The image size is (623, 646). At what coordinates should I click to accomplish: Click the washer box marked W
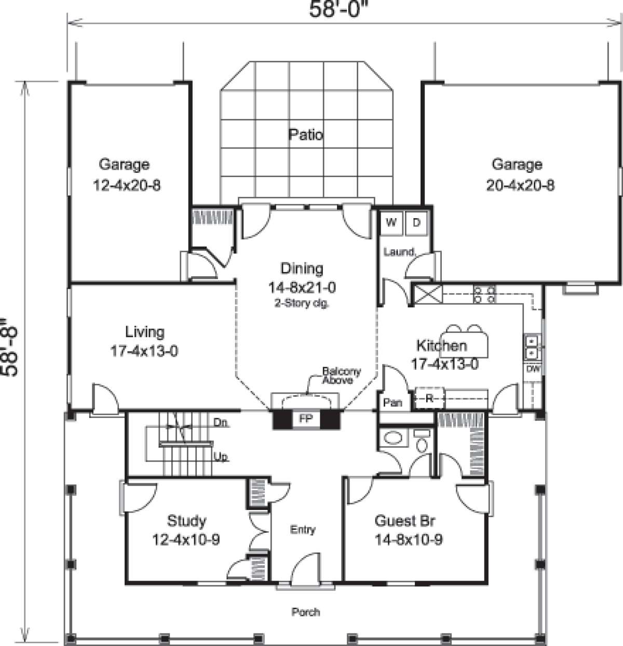(391, 223)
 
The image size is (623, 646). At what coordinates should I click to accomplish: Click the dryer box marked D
(416, 223)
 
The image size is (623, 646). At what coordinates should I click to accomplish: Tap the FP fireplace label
(306, 418)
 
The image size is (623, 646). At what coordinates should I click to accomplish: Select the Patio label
(305, 135)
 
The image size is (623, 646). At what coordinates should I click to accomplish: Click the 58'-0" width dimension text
(334, 9)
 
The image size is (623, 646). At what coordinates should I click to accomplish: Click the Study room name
(186, 520)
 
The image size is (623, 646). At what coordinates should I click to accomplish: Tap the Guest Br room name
(404, 520)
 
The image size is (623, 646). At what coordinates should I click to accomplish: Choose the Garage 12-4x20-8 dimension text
(127, 185)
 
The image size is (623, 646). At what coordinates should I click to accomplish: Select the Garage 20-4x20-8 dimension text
(520, 185)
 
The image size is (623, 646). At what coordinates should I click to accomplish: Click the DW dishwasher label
(533, 369)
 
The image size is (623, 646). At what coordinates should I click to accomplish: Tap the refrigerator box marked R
(429, 398)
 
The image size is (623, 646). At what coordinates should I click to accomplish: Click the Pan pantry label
(392, 402)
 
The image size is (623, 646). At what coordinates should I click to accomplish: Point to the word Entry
(303, 530)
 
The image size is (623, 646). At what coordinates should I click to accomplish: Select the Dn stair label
(221, 423)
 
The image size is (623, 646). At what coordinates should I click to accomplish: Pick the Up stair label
(221, 457)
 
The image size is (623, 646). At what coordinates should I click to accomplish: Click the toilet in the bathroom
(422, 441)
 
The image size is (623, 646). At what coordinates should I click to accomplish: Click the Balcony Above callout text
(341, 375)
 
